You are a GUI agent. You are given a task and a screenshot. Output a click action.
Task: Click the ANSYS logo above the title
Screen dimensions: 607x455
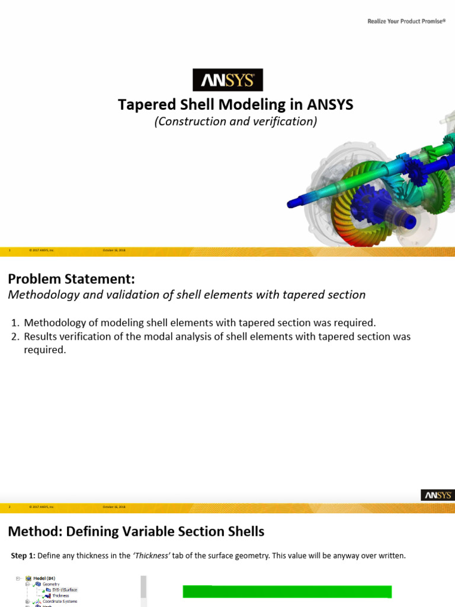tap(227, 80)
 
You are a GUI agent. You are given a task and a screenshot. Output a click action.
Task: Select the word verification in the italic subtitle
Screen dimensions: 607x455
tap(288, 122)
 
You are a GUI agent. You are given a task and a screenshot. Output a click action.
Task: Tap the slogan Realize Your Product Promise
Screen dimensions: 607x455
tap(406, 21)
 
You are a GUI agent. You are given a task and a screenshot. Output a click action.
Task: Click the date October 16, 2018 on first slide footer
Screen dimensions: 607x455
tap(114, 251)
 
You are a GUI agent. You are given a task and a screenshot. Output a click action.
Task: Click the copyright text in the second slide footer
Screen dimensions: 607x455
tap(41, 507)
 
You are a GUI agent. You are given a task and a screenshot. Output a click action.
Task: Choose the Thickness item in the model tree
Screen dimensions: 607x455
tap(60, 596)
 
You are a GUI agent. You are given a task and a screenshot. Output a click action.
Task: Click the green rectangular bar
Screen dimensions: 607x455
tap(287, 592)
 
